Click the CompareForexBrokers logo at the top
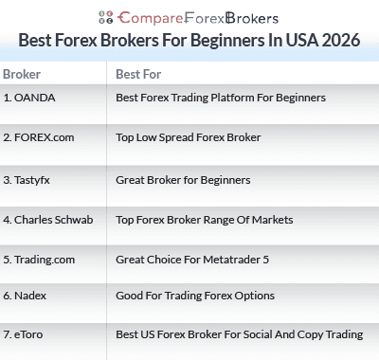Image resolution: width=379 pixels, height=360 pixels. [189, 16]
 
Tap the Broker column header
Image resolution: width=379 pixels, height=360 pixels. [22, 74]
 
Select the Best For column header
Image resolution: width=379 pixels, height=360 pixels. [135, 74]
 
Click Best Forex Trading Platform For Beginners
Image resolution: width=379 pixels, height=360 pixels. [221, 98]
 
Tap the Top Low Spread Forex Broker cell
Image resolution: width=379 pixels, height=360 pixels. [188, 137]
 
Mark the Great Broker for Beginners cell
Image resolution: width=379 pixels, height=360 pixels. [183, 178]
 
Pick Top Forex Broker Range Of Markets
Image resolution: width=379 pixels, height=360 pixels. [204, 220]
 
